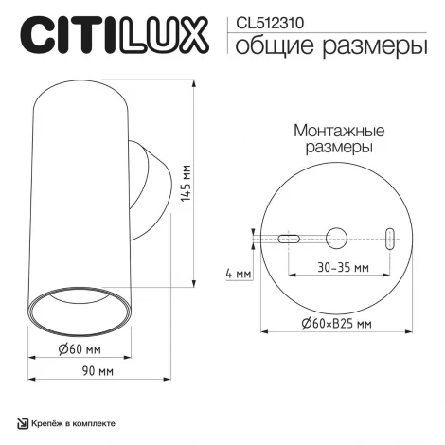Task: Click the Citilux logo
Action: click(113, 35)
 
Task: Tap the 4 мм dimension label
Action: click(240, 275)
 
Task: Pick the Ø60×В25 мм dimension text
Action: click(335, 324)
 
